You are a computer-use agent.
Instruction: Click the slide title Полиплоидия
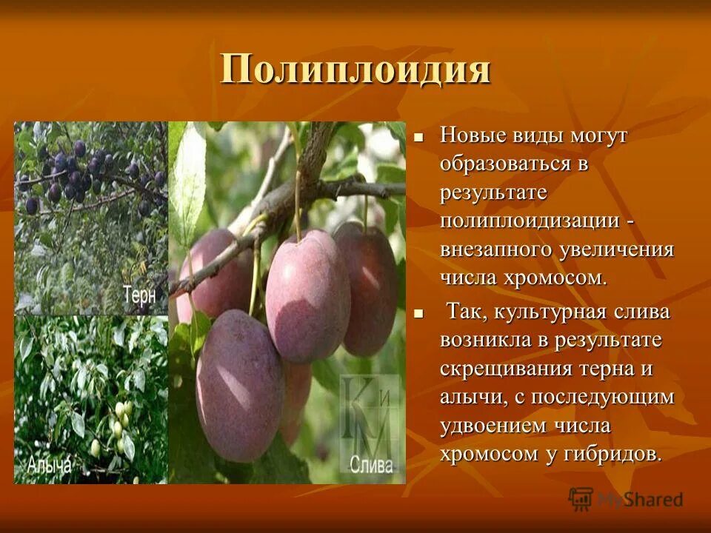(x=355, y=70)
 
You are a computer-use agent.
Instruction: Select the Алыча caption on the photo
(x=50, y=465)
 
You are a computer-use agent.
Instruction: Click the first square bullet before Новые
(x=418, y=137)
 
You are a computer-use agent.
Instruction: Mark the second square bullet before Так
(x=418, y=314)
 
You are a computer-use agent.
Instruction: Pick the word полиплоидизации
(x=530, y=221)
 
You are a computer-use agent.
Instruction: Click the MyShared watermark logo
(x=626, y=500)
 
